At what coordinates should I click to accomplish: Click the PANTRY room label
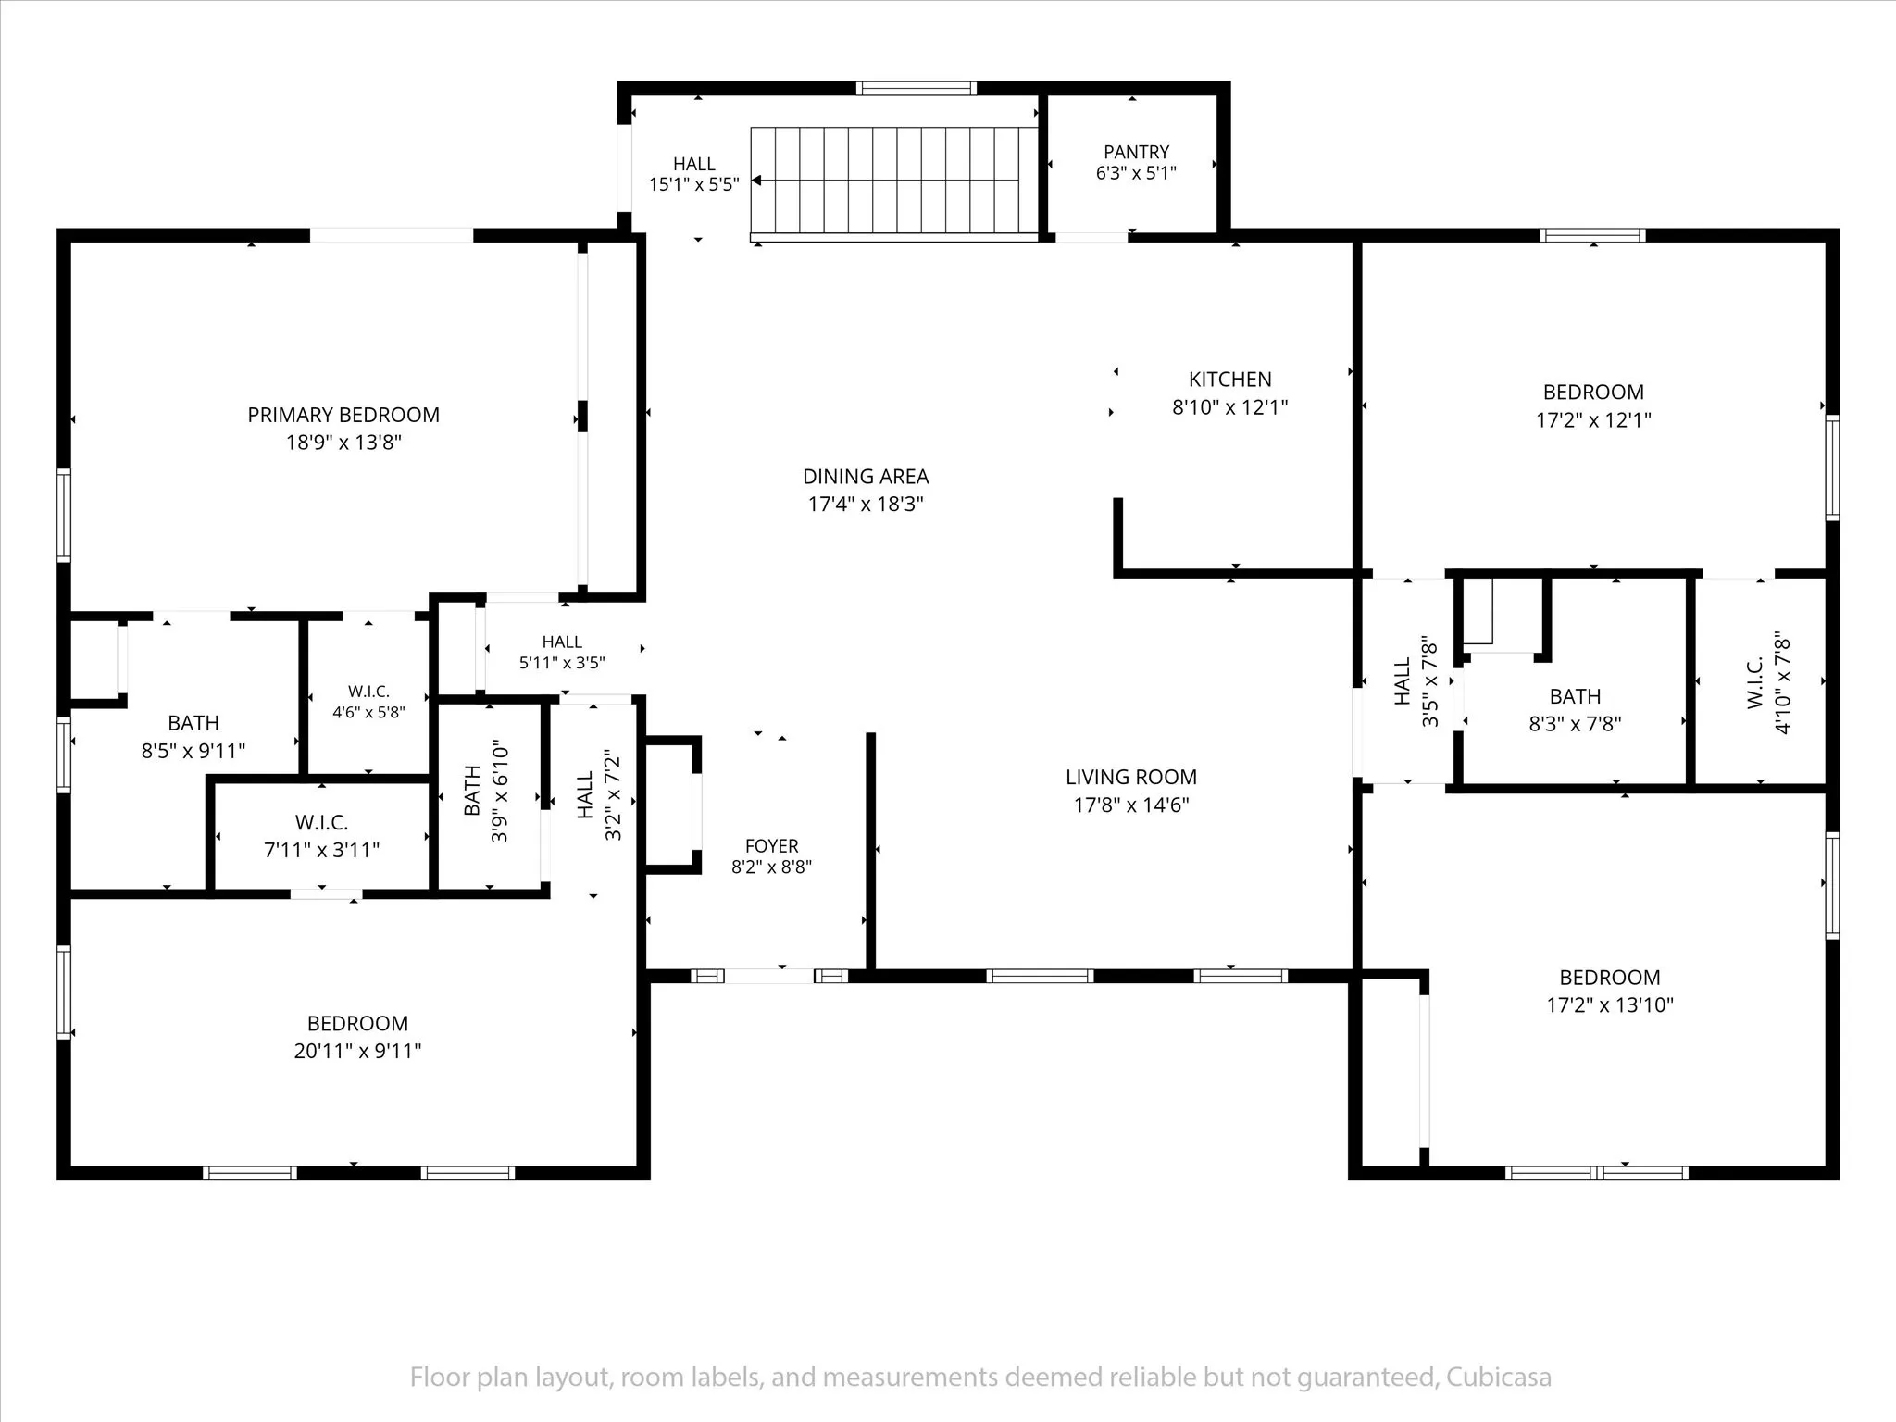pos(1136,152)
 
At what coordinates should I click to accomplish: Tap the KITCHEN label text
pos(1229,380)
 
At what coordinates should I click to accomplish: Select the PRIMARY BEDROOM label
pos(343,415)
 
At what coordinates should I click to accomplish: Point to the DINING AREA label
pos(866,477)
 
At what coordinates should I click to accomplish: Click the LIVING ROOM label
pos(1130,778)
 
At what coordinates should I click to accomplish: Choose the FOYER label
pos(771,846)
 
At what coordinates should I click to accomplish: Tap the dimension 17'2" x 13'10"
pos(1610,1005)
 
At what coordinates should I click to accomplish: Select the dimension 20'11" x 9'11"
pos(357,1051)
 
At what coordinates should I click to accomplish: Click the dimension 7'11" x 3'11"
pos(321,850)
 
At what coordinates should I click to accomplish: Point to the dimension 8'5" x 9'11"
pos(193,751)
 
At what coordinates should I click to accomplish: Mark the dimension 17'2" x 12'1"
pos(1593,420)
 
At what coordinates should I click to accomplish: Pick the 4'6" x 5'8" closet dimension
pos(368,712)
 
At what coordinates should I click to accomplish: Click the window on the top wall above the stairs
pos(916,89)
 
